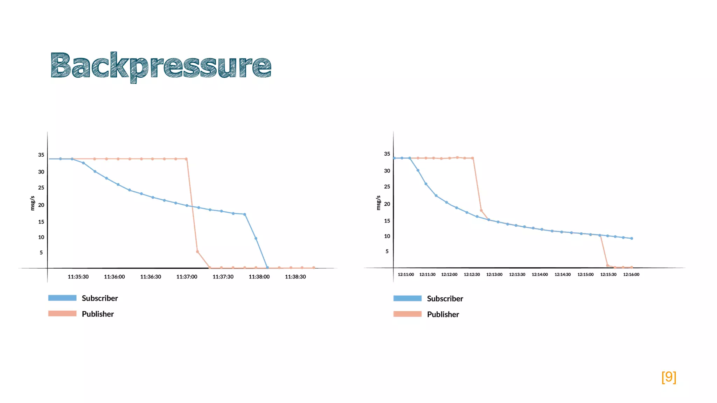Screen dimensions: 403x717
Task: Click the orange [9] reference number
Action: (669, 377)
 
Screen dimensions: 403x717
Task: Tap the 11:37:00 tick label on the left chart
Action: (187, 277)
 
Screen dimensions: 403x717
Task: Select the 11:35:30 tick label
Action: (78, 277)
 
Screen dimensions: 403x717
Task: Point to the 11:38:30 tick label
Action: (295, 277)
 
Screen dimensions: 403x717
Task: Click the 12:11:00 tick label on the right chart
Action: (406, 275)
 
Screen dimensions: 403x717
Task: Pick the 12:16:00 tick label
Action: (631, 275)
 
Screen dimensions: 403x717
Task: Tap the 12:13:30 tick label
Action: (517, 275)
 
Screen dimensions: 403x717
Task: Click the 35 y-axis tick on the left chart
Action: (41, 155)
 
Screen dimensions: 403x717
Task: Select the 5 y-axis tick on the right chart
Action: (387, 252)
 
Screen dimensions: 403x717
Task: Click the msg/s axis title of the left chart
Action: (33, 203)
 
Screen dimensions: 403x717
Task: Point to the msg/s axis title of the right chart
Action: (378, 203)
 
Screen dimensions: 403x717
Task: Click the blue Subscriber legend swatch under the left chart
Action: (62, 298)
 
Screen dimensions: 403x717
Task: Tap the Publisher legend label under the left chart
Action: (98, 314)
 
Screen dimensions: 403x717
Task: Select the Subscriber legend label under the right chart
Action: (445, 299)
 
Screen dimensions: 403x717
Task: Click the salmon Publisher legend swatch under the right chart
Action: (408, 314)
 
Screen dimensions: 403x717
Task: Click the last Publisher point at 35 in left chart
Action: (186, 159)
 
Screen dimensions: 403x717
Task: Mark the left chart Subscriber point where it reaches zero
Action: (267, 268)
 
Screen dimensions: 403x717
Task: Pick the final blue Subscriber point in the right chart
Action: (632, 239)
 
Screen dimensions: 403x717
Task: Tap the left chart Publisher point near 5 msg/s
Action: (197, 252)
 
